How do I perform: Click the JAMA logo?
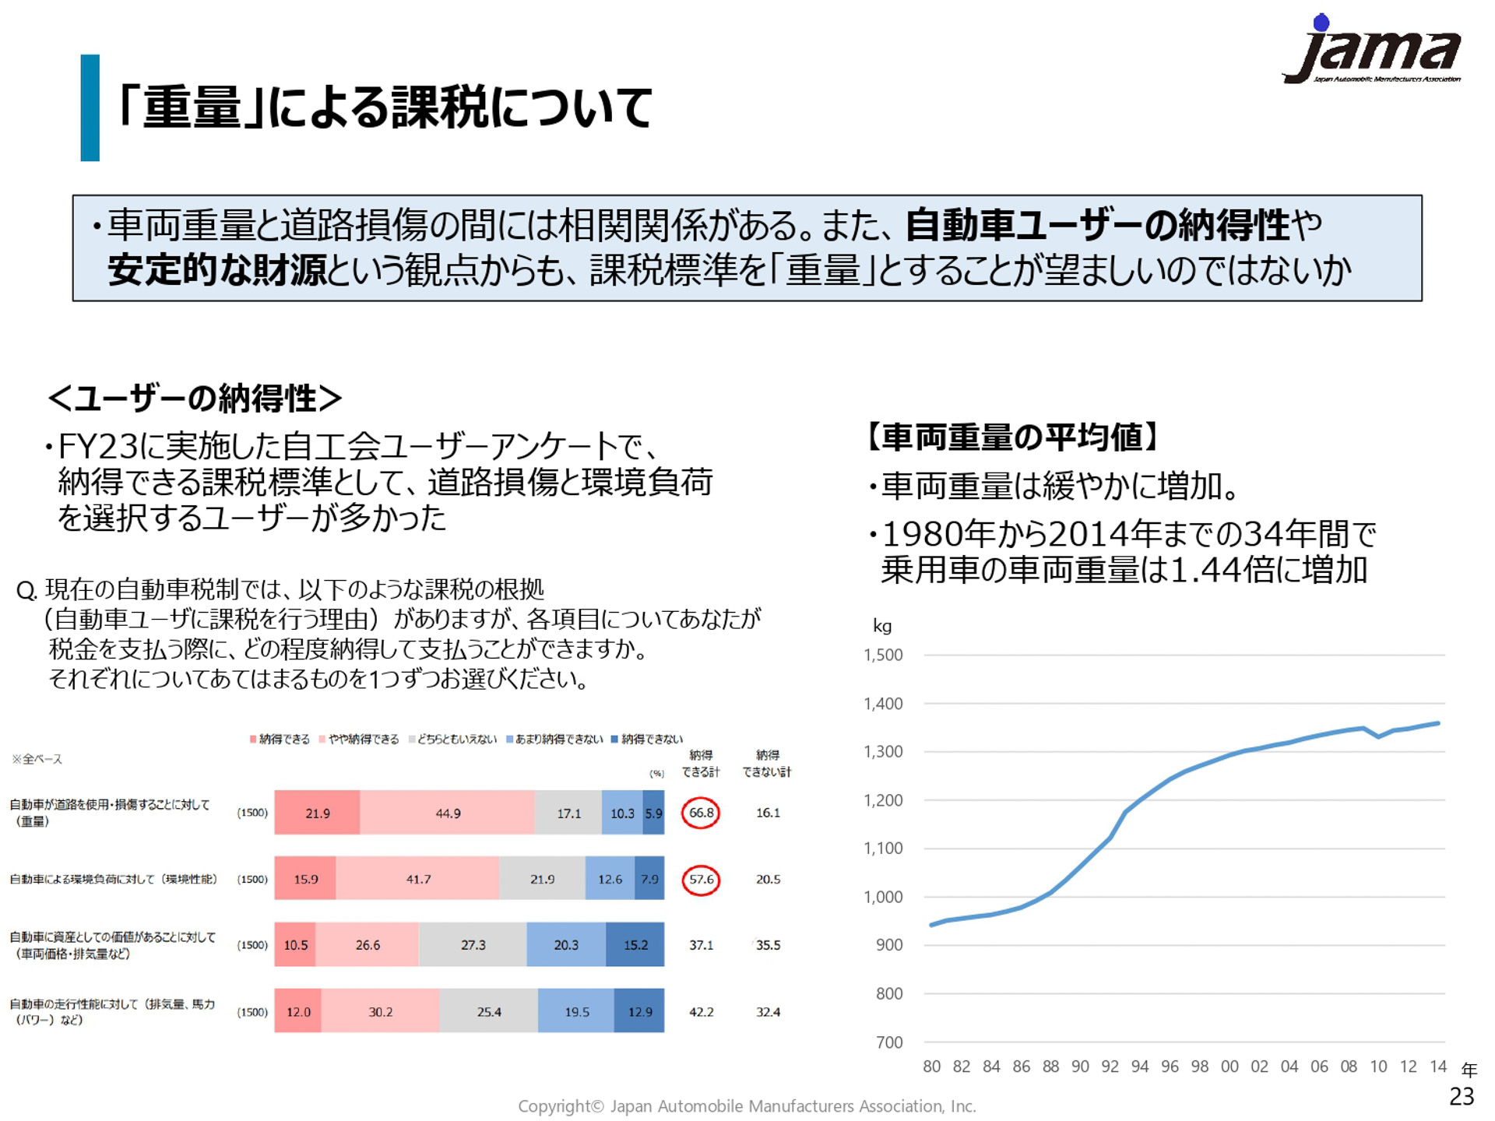(x=1372, y=51)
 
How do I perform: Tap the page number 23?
(x=1462, y=1096)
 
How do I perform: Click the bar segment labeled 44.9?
(x=447, y=813)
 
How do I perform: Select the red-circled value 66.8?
(x=701, y=813)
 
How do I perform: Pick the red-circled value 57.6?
(x=701, y=880)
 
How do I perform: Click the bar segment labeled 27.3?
(x=473, y=945)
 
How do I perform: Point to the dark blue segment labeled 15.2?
(x=635, y=945)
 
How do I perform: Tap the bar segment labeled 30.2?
(x=380, y=1012)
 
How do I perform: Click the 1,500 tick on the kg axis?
(x=883, y=655)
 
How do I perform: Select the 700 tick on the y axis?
(x=889, y=1042)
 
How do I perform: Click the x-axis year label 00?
(x=1229, y=1067)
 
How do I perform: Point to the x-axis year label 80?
(x=931, y=1067)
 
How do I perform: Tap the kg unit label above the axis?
(x=881, y=626)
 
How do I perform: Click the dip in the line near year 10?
(x=1378, y=736)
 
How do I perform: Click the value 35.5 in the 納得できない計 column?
(x=768, y=945)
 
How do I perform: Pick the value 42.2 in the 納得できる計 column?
(x=701, y=1012)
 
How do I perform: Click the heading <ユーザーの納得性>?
(x=195, y=399)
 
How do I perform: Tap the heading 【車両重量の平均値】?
(x=1012, y=438)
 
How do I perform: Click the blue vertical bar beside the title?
(x=90, y=107)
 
